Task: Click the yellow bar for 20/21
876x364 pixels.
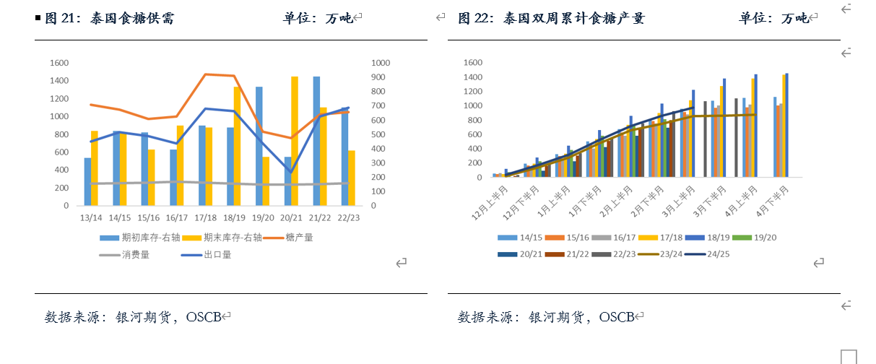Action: click(295, 141)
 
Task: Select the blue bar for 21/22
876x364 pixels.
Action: click(316, 141)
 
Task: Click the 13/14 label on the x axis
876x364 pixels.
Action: click(90, 217)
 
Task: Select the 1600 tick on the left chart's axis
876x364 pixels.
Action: click(59, 63)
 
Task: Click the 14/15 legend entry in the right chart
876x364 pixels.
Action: click(531, 238)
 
